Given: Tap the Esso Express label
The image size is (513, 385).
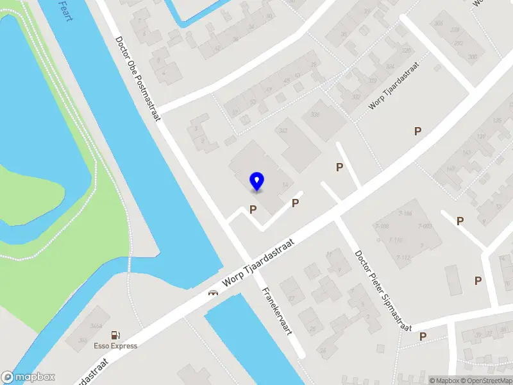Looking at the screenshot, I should [x=116, y=346].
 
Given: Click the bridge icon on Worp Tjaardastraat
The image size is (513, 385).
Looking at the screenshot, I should [x=212, y=293].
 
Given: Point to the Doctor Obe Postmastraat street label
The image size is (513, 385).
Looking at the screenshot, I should [x=138, y=74].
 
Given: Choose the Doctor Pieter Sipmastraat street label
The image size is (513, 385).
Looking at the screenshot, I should [x=383, y=291].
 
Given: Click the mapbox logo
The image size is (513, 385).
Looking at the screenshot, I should [x=28, y=377].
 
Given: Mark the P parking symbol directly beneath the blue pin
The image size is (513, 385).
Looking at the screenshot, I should [x=253, y=209].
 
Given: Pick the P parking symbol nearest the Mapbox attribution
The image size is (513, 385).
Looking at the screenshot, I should [x=423, y=336].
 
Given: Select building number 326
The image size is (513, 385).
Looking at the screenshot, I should [x=315, y=115].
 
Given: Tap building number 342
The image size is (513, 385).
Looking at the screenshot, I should [x=283, y=130].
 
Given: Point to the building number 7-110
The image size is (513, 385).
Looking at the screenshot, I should [x=395, y=240].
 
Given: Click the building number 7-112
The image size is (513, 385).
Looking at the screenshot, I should [x=403, y=257].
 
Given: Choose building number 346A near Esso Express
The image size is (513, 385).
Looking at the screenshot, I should [x=96, y=327].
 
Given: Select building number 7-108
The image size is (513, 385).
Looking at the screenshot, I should [x=382, y=227].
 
